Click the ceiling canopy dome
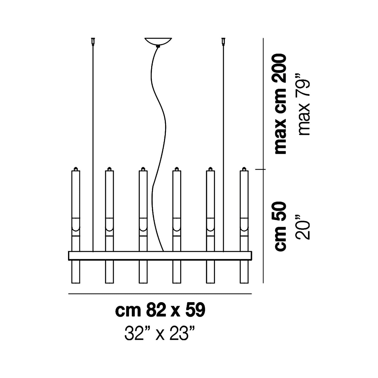158,41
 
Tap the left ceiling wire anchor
93,42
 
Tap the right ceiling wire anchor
223,42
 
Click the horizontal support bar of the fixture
160,256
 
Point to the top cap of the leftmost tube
76,169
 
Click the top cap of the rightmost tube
244,169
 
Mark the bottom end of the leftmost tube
76,283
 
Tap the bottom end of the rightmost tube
244,283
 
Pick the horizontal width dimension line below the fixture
160,294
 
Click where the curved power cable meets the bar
163,251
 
